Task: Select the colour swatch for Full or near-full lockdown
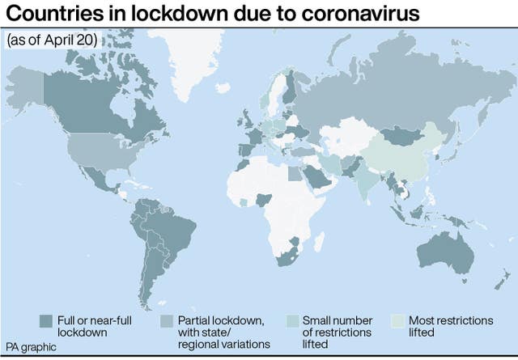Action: click(46, 321)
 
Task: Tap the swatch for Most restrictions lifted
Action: click(398, 321)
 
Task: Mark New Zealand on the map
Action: click(505, 279)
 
